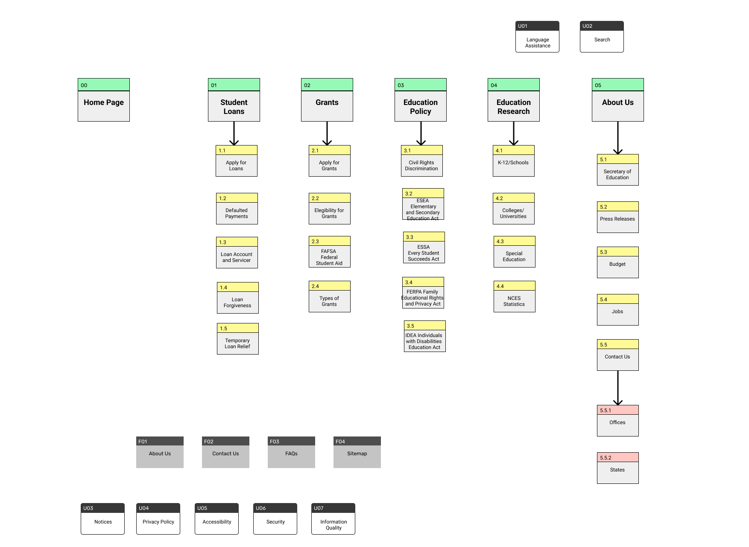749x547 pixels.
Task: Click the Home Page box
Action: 103,102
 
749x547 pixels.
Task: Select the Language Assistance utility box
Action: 537,41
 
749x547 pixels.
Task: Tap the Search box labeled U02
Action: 602,40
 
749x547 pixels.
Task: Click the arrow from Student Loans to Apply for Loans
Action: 234,133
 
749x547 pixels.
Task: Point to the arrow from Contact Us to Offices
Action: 618,387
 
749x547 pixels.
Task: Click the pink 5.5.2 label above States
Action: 617,457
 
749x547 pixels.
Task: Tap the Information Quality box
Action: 333,524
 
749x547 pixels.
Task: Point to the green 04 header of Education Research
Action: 513,85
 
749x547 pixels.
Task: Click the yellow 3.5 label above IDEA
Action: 424,326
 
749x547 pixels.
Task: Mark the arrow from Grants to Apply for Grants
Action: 327,133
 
